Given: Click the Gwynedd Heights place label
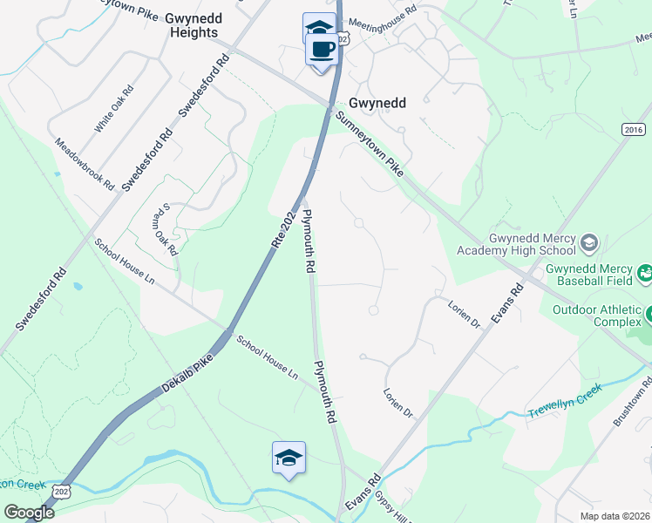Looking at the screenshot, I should pos(182,24).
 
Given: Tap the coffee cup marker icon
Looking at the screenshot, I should pos(320,48).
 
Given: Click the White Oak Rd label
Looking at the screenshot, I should pos(114,108).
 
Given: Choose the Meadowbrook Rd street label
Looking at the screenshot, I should pos(85,164).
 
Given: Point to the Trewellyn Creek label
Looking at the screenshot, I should pos(564,400).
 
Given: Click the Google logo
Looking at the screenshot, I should pos(29,512).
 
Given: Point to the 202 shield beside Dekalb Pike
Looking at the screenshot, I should pos(60,492).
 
